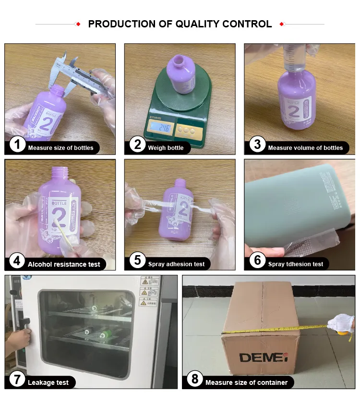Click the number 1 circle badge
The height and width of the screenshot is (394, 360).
(17, 145)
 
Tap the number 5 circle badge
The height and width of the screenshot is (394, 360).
(138, 260)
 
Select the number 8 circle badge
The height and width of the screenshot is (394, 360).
(194, 379)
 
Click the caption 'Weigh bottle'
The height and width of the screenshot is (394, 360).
(166, 148)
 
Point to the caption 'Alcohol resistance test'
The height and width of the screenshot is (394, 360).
(64, 264)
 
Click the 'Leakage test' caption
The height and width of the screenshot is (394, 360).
(48, 383)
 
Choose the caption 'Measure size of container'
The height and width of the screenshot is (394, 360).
(246, 383)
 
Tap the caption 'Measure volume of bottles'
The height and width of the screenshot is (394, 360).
(305, 148)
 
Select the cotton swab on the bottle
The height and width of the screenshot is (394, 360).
(58, 228)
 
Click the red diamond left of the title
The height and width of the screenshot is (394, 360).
(78, 24)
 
